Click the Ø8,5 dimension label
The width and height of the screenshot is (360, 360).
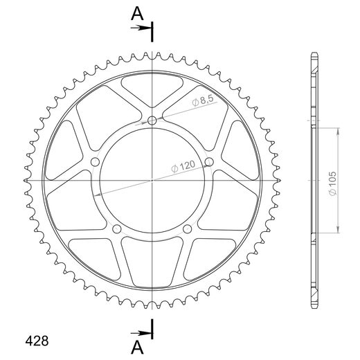(203, 101)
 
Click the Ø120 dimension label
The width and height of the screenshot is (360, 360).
(183, 166)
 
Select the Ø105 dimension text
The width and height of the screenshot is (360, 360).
(332, 183)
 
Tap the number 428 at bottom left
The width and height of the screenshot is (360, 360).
(37, 341)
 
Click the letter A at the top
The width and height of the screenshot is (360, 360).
(137, 14)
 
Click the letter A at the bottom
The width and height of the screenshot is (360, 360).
(137, 348)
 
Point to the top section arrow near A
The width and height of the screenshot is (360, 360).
(141, 28)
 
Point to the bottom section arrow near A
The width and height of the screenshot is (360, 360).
(141, 333)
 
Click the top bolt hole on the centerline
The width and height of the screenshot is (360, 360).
(152, 120)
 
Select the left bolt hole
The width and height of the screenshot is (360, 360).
(95, 162)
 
